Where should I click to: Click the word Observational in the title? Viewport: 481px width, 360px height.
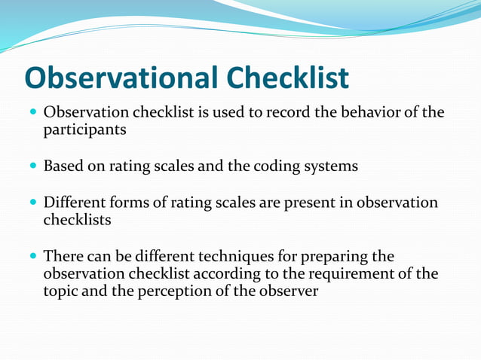pyautogui.click(x=120, y=78)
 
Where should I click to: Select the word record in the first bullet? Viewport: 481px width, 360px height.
pyautogui.click(x=282, y=113)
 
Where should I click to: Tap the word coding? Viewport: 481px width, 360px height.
pyautogui.click(x=273, y=166)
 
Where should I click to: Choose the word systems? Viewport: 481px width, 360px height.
pyautogui.click(x=329, y=166)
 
